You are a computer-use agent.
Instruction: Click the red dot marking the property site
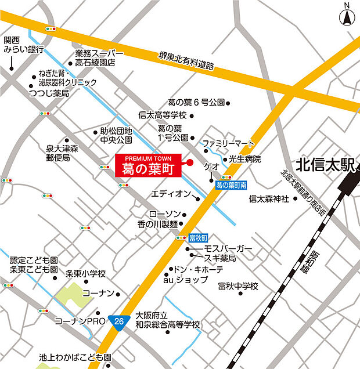[x=189, y=162]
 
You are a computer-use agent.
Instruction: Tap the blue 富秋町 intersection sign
[x=199, y=237]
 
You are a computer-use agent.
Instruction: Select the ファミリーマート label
[x=228, y=143]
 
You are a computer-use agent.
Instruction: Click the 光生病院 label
[x=244, y=159]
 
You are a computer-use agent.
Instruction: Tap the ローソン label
[x=165, y=214]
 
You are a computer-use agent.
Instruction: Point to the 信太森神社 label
[x=268, y=199]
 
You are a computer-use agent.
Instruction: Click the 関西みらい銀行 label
[x=23, y=45]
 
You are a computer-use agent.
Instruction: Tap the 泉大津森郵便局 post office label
[x=62, y=153]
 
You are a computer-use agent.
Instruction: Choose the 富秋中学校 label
[x=238, y=286]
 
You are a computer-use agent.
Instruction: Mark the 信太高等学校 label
[x=163, y=115]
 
